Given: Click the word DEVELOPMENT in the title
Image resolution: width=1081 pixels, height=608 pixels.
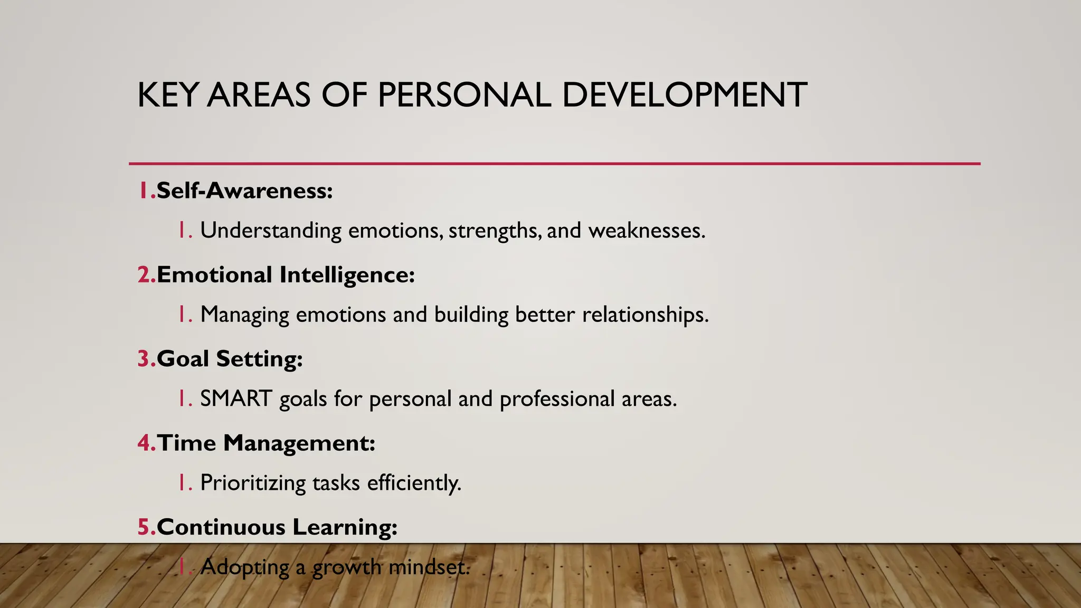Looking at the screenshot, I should (x=684, y=96).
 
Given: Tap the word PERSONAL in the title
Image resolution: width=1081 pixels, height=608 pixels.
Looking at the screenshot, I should (x=464, y=96).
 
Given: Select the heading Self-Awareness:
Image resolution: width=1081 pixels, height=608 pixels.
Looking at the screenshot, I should (x=244, y=191).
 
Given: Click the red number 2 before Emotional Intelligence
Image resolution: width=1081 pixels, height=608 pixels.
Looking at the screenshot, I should (x=144, y=275).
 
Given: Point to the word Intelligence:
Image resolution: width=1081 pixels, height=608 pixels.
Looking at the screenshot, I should (x=347, y=275).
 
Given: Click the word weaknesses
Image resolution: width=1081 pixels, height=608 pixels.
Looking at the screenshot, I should (x=647, y=231).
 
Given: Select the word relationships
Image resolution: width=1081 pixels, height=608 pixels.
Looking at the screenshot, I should (x=645, y=315).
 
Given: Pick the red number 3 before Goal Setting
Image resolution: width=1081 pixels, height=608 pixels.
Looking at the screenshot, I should (x=144, y=359).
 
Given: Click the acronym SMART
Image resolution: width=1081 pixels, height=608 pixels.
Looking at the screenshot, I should (x=236, y=398).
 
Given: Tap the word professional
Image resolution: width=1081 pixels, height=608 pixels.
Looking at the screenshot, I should (x=557, y=398).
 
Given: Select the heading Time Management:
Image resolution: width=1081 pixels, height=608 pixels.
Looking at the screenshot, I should (x=265, y=443).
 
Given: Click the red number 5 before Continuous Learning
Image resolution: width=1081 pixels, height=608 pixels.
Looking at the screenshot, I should (x=144, y=527).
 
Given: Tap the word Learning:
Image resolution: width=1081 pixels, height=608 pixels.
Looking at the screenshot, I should (x=344, y=527).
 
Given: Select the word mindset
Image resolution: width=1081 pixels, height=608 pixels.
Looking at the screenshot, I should (x=428, y=567).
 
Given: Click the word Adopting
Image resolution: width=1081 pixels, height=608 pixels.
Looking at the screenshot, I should (x=244, y=567).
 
